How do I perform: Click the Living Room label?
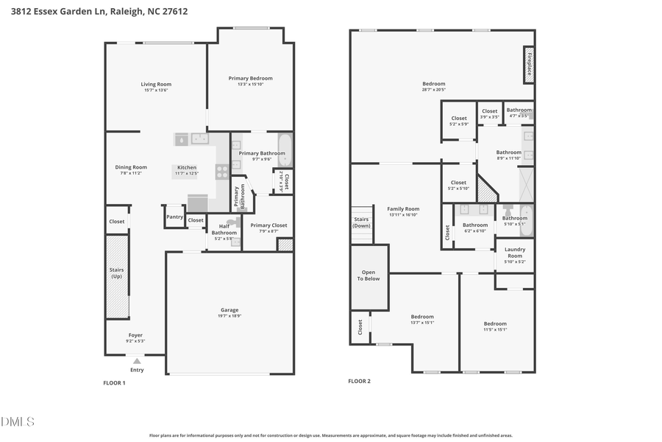click(156, 84)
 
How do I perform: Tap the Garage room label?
click(229, 310)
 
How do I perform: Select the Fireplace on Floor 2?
click(528, 63)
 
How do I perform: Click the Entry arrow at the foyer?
click(137, 361)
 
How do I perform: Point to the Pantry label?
click(174, 217)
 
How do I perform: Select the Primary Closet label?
click(268, 225)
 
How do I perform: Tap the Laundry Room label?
click(515, 253)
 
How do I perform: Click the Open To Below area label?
click(369, 276)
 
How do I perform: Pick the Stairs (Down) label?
click(362, 222)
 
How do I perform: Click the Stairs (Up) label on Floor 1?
click(116, 273)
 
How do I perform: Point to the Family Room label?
click(403, 209)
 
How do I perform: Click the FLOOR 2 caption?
click(359, 381)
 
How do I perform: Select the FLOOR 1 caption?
click(114, 383)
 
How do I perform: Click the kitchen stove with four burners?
click(221, 171)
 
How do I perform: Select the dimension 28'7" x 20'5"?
click(433, 90)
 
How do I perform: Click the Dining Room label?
click(131, 167)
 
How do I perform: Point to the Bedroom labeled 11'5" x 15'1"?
click(495, 323)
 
